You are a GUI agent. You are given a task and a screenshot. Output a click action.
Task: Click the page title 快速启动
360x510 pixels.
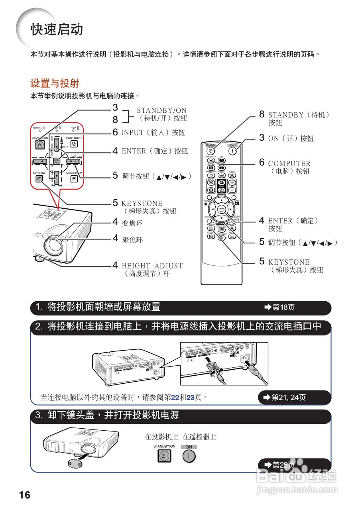pyautogui.click(x=57, y=29)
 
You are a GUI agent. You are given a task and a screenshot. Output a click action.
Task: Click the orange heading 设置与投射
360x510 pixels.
pyautogui.click(x=55, y=83)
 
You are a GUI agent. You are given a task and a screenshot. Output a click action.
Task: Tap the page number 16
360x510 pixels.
pyautogui.click(x=24, y=495)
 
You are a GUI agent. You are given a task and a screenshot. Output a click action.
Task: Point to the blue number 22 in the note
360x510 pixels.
pyautogui.click(x=175, y=397)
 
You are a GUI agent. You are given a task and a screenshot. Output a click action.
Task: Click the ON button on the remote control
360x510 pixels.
pyautogui.click(x=232, y=152)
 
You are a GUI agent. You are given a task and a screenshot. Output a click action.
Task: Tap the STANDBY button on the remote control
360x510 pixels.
pyautogui.click(x=211, y=152)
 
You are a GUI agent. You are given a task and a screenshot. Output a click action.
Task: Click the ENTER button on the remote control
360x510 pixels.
pyautogui.click(x=222, y=209)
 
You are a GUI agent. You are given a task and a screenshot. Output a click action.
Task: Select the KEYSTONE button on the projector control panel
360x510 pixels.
pyautogui.click(x=39, y=179)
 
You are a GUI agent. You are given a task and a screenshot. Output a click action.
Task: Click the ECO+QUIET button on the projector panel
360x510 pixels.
pyautogui.click(x=73, y=144)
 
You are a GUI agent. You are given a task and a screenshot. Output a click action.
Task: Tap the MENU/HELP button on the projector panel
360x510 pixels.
pyautogui.click(x=74, y=179)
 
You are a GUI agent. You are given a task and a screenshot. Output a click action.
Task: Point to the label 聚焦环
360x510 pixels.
pyautogui.click(x=132, y=240)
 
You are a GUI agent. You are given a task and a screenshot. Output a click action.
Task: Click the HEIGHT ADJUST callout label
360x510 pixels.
pyautogui.click(x=152, y=270)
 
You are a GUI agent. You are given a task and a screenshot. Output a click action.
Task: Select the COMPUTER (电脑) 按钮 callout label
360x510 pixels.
pyautogui.click(x=289, y=167)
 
